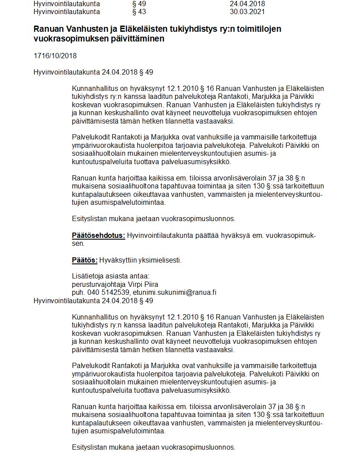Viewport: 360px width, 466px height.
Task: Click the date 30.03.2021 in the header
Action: click(x=247, y=11)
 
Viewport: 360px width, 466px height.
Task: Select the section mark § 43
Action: click(x=139, y=11)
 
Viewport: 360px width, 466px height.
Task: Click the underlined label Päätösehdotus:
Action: click(x=98, y=236)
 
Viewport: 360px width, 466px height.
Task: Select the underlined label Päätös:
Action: click(x=85, y=260)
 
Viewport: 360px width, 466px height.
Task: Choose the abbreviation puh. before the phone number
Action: click(x=79, y=292)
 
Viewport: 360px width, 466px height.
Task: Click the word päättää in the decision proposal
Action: click(x=206, y=236)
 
